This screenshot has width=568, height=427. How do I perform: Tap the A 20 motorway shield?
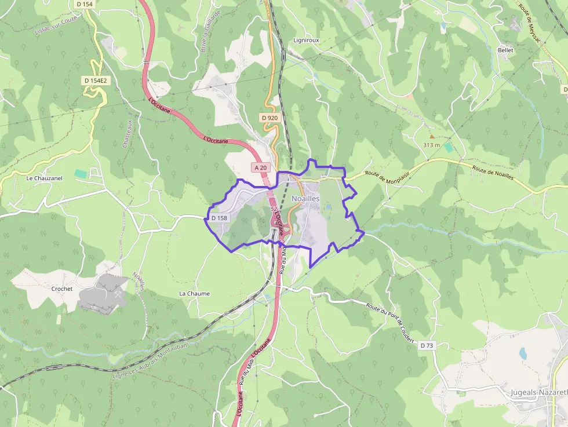(x=261, y=167)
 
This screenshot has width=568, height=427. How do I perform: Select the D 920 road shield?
(x=270, y=118)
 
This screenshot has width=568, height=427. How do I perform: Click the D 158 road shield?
(x=220, y=218)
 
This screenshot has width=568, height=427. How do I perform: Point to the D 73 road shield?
(x=427, y=345)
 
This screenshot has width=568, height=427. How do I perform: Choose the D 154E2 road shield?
(x=95, y=81)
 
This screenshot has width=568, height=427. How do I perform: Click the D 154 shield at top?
(x=84, y=4)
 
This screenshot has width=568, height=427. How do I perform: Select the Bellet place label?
(x=505, y=50)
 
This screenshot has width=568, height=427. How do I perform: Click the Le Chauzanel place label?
(x=44, y=178)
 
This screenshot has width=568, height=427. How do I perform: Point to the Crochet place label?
(x=62, y=289)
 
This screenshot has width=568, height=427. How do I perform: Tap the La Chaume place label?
(x=194, y=294)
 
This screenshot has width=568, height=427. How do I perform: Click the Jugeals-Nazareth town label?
(x=538, y=392)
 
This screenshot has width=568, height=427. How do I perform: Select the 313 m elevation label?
(x=431, y=145)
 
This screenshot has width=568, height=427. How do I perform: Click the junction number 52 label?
(x=274, y=208)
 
